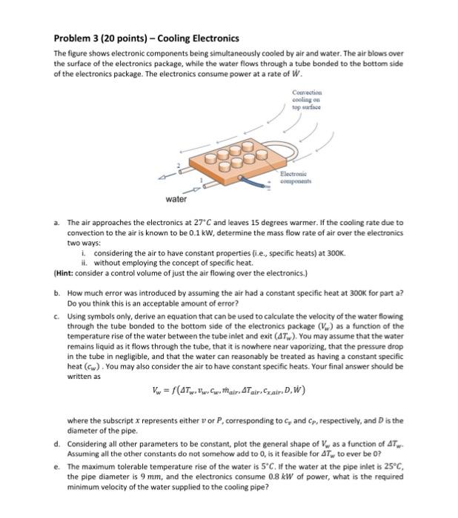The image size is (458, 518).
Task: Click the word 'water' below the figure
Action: [x=176, y=199]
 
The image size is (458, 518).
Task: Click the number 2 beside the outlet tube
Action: [x=179, y=164]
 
